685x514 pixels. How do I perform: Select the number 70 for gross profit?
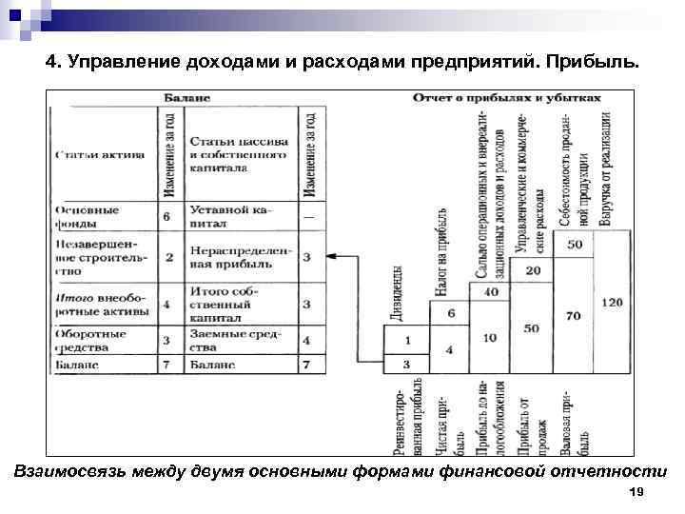pos(572,315)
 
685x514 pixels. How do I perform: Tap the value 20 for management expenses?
pos(533,271)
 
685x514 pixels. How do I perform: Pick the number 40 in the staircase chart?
pos(493,291)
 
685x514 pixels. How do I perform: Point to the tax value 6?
pos(451,313)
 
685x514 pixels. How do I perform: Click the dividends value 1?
pos(407,340)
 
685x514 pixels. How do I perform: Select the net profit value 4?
pos(451,349)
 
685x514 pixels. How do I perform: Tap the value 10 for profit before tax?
pos(491,338)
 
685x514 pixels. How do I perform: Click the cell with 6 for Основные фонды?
pos(166,216)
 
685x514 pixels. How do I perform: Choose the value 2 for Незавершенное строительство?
pos(167,257)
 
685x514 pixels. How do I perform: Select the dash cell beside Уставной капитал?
pos(307,216)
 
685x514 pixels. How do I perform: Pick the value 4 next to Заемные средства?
pos(307,340)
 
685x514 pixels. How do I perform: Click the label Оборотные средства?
pos(91,341)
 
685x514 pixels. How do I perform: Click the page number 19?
pos(636,491)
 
